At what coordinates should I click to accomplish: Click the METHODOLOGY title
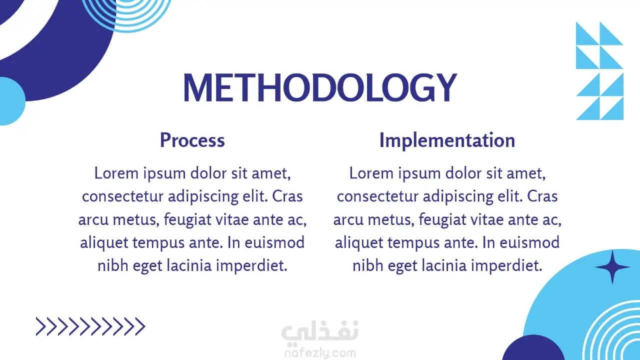click(x=320, y=87)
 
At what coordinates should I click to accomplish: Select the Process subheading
click(x=192, y=140)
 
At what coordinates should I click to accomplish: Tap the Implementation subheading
click(x=447, y=140)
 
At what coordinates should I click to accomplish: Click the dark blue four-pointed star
click(x=612, y=267)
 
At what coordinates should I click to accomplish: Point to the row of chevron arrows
click(x=90, y=326)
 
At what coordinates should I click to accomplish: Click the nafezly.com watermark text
click(x=320, y=353)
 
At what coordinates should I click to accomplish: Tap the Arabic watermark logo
click(x=320, y=331)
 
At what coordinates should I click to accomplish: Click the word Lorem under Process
click(x=116, y=173)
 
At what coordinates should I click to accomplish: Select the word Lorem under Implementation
click(x=371, y=173)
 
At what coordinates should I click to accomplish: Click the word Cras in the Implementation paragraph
click(x=542, y=196)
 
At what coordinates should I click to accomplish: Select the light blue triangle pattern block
click(x=599, y=71)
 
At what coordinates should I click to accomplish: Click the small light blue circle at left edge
click(x=11, y=101)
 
